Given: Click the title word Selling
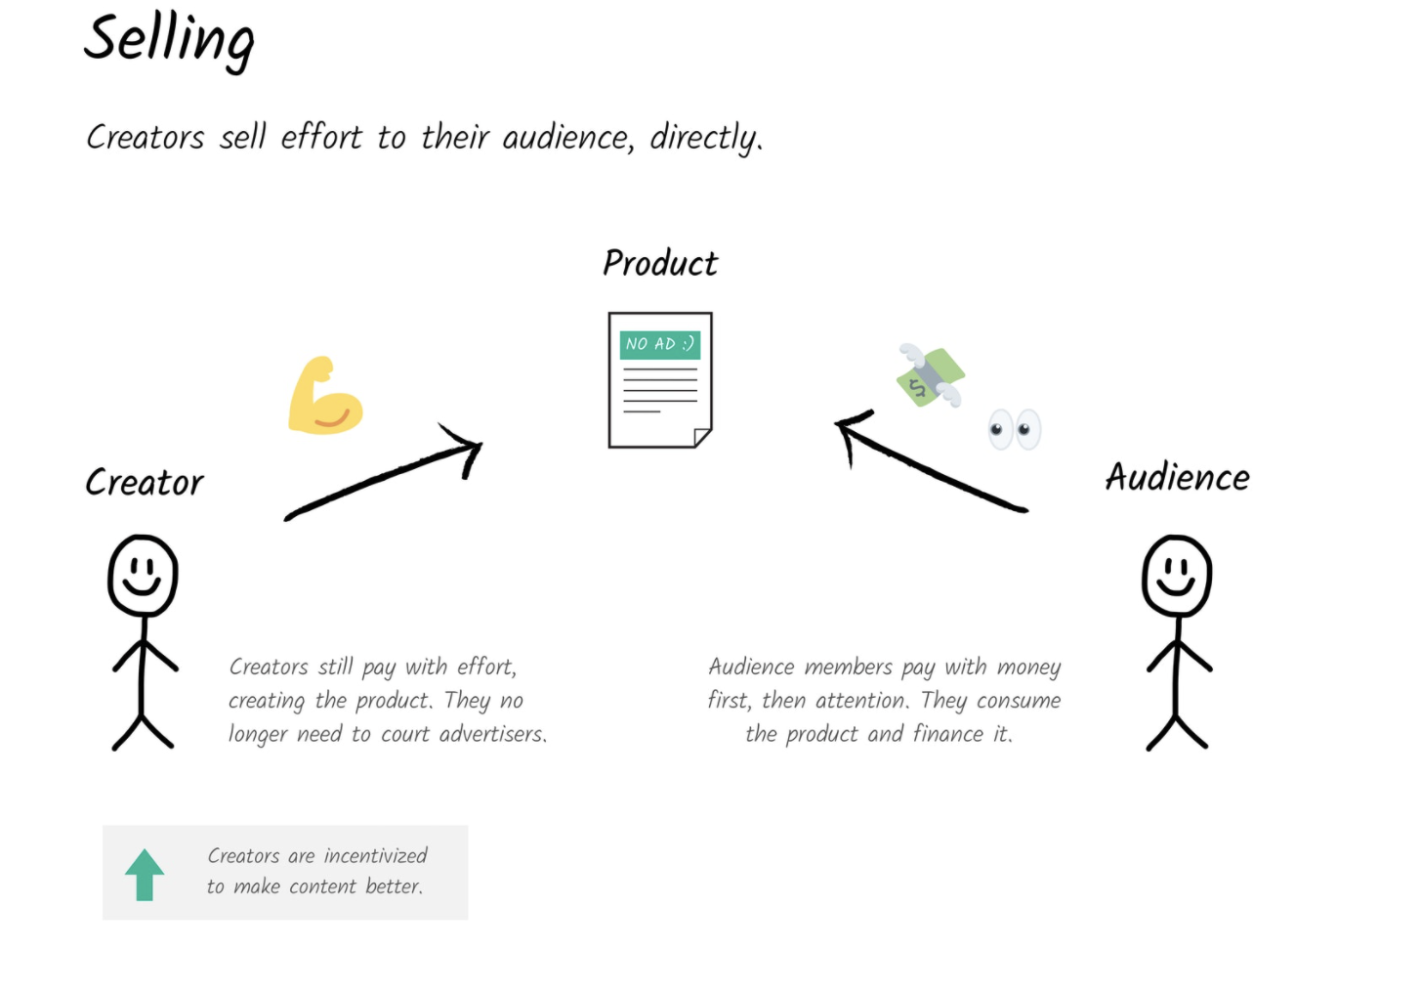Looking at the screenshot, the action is (169, 42).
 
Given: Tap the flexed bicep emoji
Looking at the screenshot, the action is (325, 395).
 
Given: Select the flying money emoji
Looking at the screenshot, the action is (931, 375).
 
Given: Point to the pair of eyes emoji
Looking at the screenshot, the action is (1015, 430).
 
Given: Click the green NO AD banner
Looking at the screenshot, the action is (660, 345).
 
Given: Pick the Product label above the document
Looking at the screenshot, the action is (660, 263).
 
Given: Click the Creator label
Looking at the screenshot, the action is (145, 482).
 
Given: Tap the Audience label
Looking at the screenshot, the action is (1178, 477).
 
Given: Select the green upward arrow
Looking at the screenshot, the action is (145, 875).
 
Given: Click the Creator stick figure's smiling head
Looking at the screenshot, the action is (143, 576).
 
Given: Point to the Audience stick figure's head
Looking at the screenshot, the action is (1177, 576).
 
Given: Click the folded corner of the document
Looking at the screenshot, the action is (702, 438).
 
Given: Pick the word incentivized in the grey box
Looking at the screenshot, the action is (376, 856).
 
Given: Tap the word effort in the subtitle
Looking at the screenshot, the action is (321, 137).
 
